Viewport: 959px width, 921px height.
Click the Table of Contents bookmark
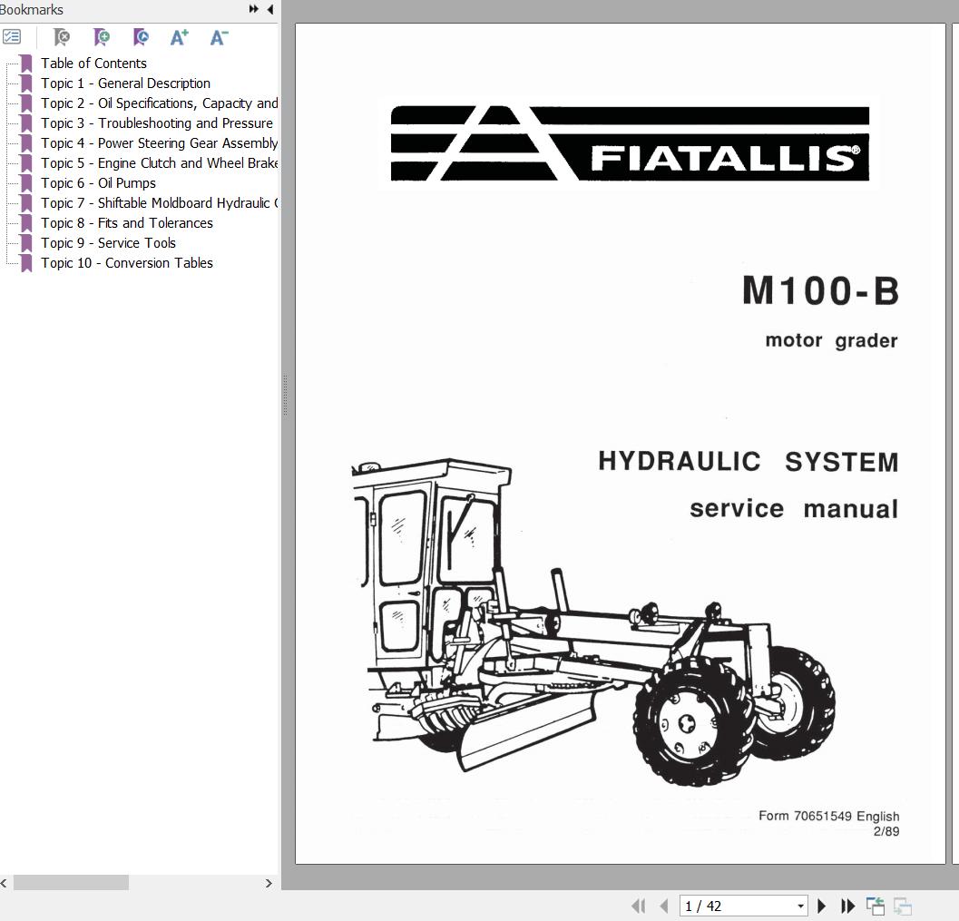coord(93,64)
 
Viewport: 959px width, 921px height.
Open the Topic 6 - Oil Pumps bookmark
coord(98,183)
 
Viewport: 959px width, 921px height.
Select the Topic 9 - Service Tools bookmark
coord(108,243)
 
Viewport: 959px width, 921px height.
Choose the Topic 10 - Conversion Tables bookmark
coord(126,263)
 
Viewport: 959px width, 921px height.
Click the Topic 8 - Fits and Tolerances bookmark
coord(126,223)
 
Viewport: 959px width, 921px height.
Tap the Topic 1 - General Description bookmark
coord(125,83)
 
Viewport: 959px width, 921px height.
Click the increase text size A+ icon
coord(179,37)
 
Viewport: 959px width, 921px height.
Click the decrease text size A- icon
coord(219,37)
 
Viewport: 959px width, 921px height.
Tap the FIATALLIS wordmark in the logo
coord(724,159)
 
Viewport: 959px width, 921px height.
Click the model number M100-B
coord(820,291)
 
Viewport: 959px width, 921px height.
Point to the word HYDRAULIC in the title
coord(679,461)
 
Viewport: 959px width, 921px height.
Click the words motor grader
coord(831,341)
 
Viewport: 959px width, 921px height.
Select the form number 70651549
coord(822,816)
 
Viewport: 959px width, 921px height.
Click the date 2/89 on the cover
coord(886,831)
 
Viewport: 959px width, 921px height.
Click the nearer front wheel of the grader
coord(688,722)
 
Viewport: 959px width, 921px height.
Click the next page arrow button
coord(822,906)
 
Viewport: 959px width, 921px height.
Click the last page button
coord(848,906)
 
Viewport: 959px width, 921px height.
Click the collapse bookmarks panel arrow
coord(270,10)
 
